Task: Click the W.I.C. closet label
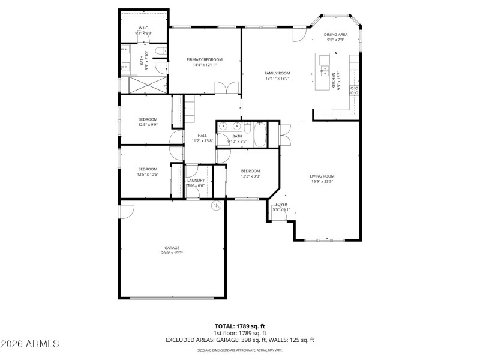[143, 28]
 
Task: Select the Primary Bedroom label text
[204, 59]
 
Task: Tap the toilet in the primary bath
[159, 52]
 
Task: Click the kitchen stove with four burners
[355, 91]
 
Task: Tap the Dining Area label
[335, 35]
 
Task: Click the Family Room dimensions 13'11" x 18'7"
[277, 78]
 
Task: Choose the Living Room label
[322, 176]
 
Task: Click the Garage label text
[172, 248]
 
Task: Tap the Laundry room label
[196, 180]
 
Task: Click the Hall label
[202, 136]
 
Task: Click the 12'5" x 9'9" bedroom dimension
[148, 124]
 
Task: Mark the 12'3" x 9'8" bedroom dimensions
[250, 176]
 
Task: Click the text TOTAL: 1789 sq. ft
[239, 326]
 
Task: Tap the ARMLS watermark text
[30, 344]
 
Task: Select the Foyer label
[281, 205]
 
